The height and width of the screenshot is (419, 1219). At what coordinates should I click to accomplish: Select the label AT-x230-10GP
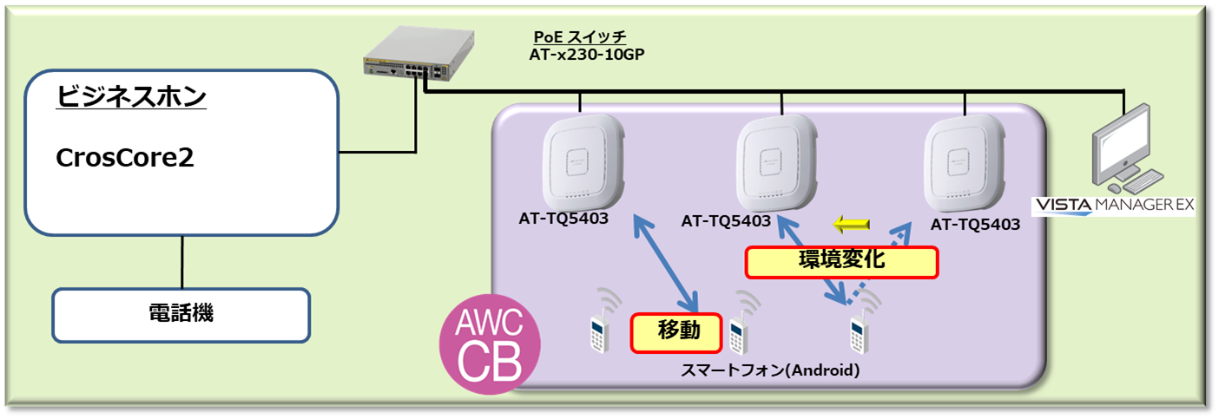pos(587,54)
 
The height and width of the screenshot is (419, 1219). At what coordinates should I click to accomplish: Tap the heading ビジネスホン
pos(131,96)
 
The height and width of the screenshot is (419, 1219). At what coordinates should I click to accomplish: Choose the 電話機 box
pos(181,314)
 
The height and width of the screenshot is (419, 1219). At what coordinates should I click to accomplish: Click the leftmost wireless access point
pos(582,162)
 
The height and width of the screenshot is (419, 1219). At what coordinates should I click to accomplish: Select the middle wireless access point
pos(778,162)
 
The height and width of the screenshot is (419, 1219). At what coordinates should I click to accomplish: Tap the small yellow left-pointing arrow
pos(851,226)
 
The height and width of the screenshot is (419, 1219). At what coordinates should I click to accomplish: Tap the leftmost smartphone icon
pos(597,332)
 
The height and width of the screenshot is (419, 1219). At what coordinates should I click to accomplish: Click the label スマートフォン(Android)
pos(769,371)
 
